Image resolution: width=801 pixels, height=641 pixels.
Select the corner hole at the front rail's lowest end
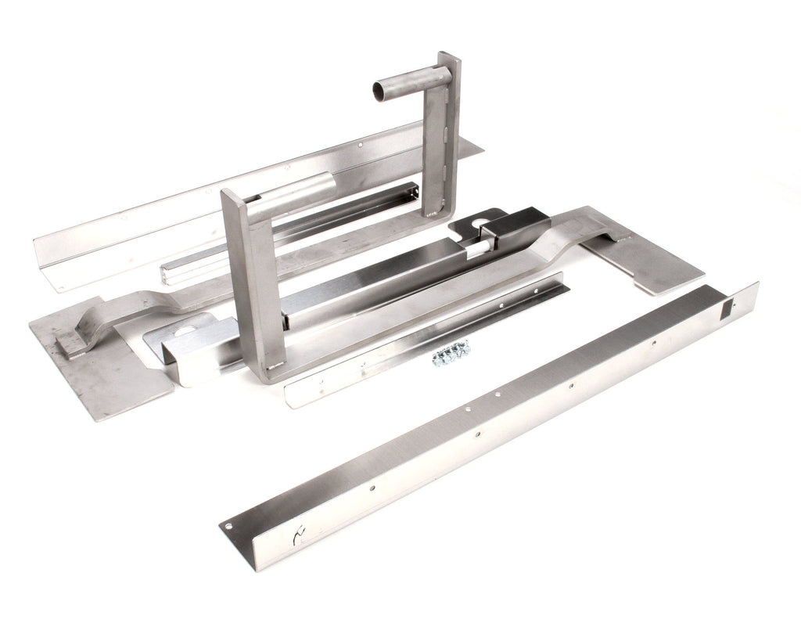229,527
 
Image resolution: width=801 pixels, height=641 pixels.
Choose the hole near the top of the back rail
359,144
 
